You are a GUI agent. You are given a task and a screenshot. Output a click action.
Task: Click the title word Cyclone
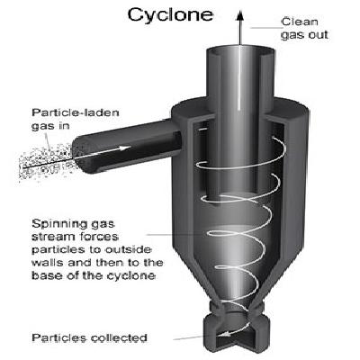click(170, 14)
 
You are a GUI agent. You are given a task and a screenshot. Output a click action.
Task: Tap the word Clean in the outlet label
click(300, 22)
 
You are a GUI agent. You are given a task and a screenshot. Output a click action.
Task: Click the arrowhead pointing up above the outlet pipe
click(239, 15)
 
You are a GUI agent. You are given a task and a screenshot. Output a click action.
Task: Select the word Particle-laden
click(76, 112)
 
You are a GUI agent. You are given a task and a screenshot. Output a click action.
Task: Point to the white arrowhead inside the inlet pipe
click(125, 148)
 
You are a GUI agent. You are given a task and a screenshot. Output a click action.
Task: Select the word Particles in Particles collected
click(58, 337)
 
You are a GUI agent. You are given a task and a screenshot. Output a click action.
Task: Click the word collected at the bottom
click(119, 337)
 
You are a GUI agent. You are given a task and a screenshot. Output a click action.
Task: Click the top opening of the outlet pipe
click(240, 51)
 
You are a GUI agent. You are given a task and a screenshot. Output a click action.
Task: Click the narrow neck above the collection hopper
click(237, 309)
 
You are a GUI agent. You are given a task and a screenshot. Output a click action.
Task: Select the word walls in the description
click(48, 263)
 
